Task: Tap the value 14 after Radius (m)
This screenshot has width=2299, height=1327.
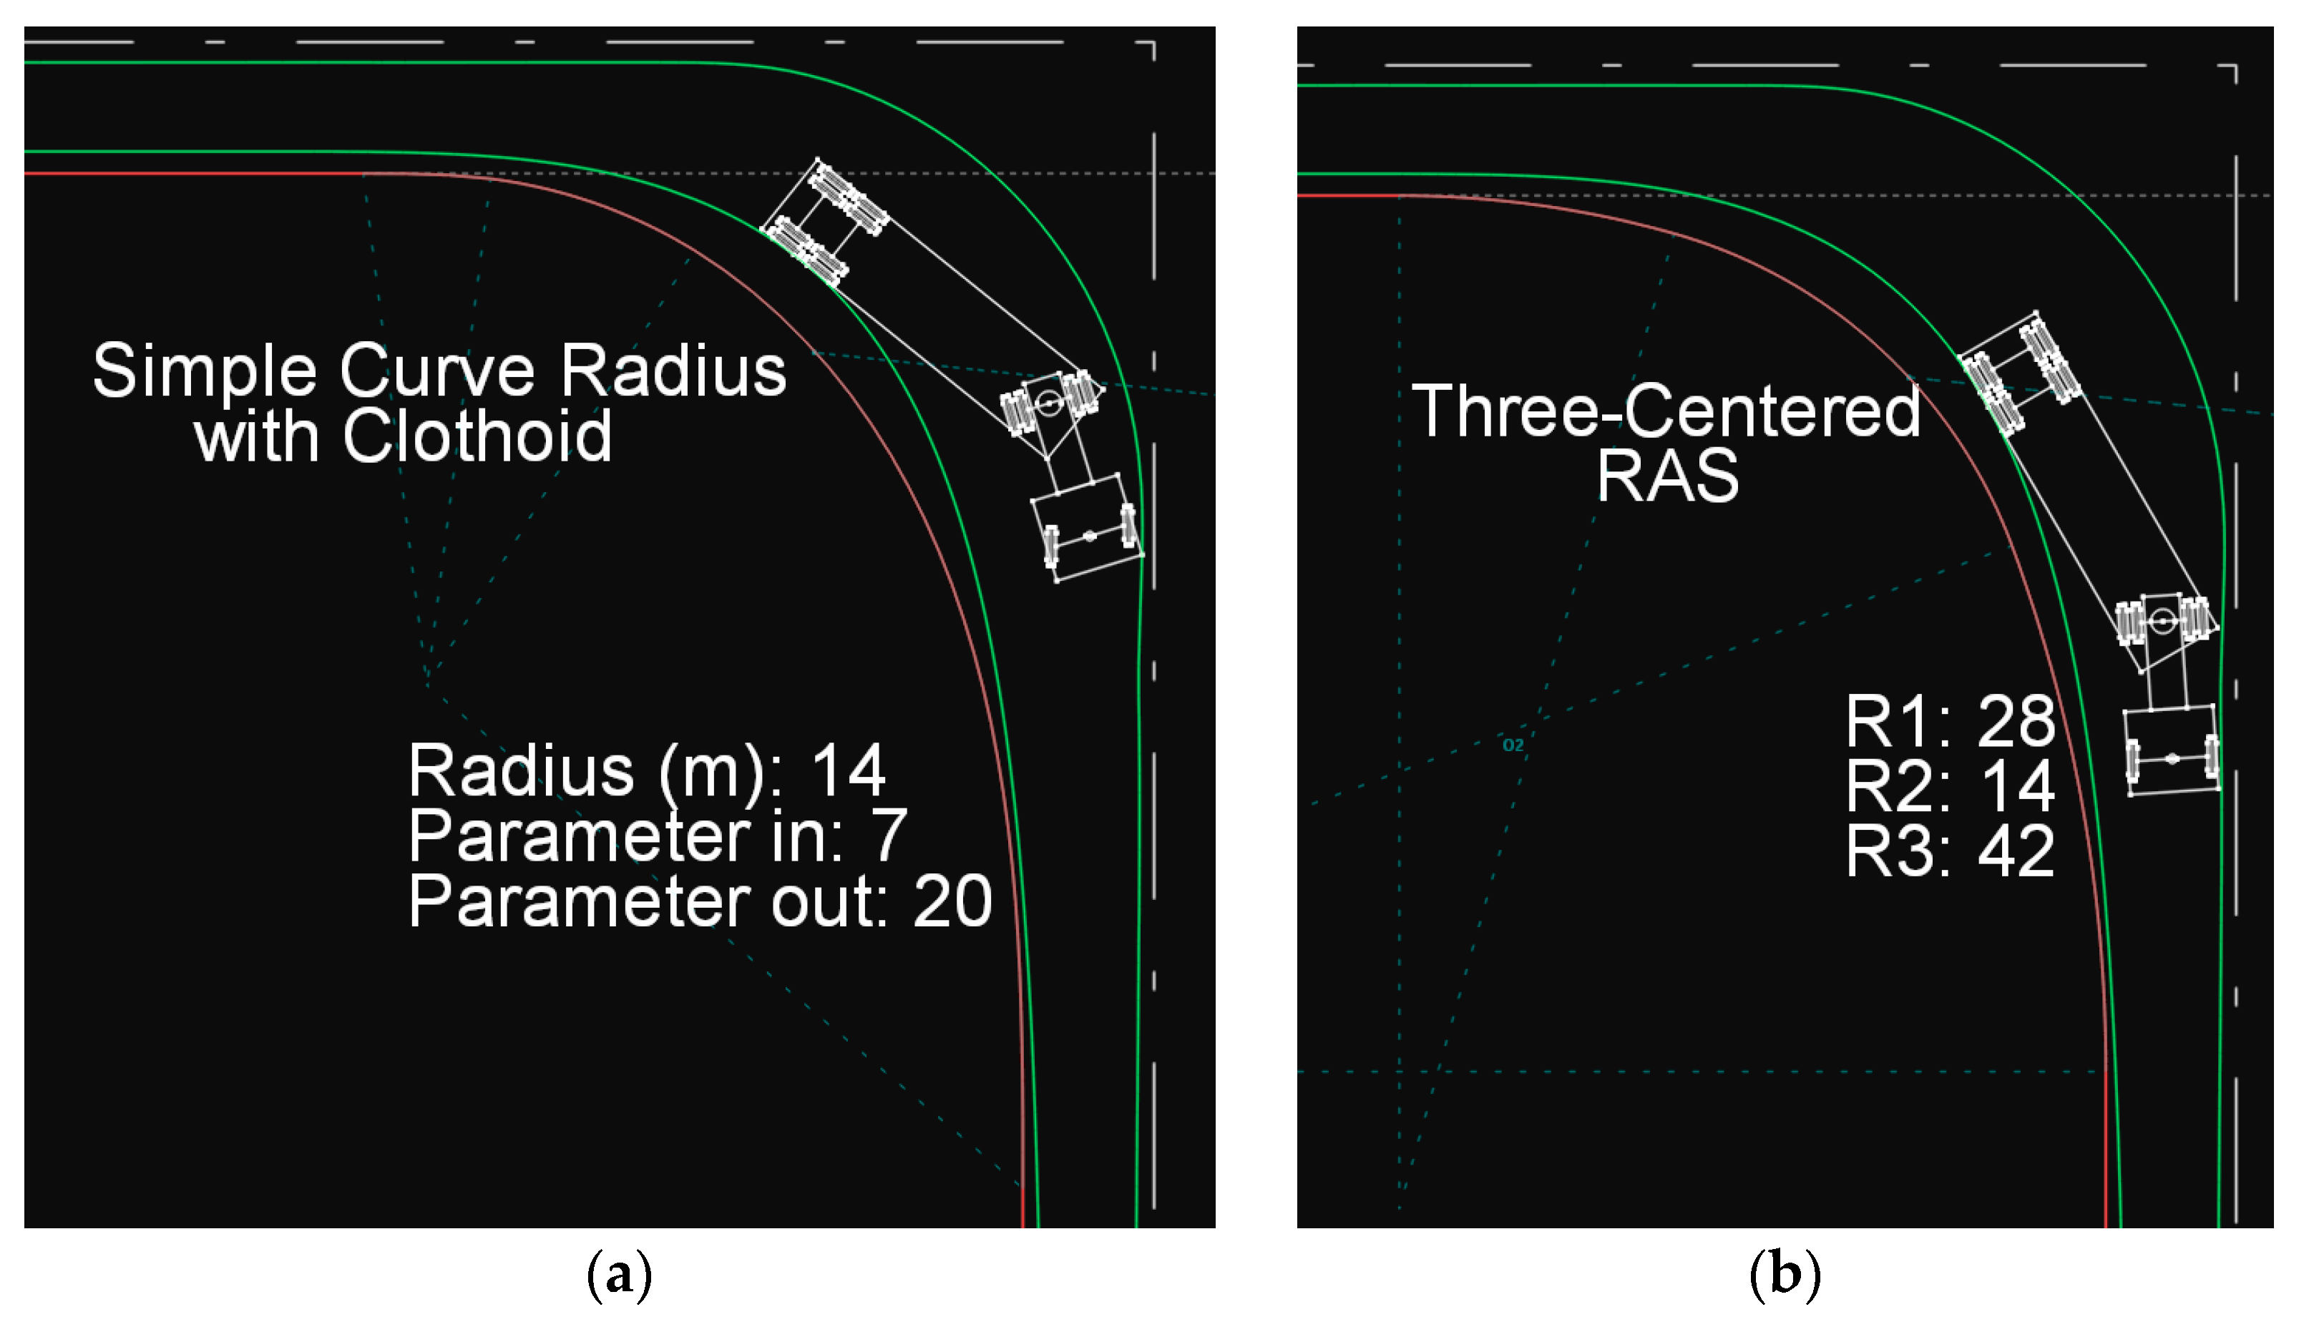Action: pos(848,771)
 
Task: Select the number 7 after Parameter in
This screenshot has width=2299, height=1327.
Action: pos(889,836)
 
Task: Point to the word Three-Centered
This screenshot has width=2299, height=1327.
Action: pos(1666,411)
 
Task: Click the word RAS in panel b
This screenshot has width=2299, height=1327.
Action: pos(1667,476)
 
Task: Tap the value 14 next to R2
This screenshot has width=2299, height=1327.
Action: pos(2016,785)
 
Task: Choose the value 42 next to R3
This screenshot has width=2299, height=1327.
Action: pos(2016,851)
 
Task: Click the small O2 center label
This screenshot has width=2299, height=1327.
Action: pos(1513,745)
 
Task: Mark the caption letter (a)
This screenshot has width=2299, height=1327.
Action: pos(620,1273)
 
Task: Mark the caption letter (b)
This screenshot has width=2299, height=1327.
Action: pos(1784,1273)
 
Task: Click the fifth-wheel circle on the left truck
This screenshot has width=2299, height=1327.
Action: pos(1049,402)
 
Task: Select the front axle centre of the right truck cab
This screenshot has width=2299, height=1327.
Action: pos(2172,758)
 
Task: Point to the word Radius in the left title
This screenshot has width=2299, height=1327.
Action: pos(673,371)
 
